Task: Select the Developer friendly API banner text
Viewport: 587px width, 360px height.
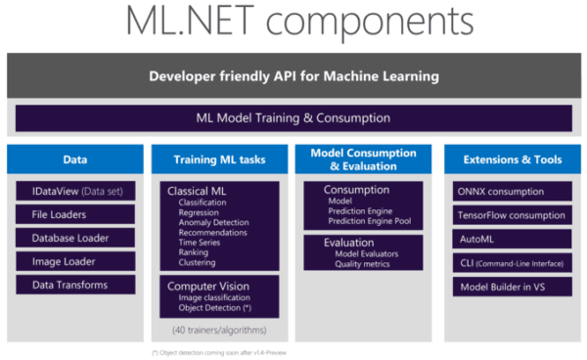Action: (293, 76)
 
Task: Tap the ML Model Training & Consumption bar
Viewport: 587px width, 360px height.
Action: (293, 118)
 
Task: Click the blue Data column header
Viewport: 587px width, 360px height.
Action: (74, 159)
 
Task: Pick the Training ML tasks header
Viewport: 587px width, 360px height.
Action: (218, 159)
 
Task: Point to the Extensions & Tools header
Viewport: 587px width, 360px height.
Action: (512, 159)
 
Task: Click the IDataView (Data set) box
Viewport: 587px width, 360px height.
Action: (74, 192)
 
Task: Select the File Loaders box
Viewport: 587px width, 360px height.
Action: (74, 214)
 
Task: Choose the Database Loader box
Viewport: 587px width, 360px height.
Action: (74, 238)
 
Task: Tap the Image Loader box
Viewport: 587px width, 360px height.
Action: (74, 261)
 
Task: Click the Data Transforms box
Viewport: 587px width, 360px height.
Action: (74, 285)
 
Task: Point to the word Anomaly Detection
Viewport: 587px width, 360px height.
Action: (213, 222)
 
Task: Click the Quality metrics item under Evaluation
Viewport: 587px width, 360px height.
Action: (364, 263)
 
